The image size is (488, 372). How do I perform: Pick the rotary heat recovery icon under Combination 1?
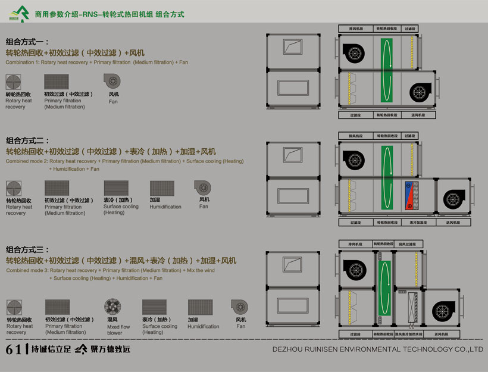click(x=14, y=82)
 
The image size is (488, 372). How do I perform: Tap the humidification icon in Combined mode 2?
click(x=162, y=188)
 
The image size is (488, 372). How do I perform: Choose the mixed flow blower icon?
click(x=113, y=307)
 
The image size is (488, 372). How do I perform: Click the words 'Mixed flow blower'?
click(x=118, y=330)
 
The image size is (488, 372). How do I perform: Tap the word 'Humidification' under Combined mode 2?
click(x=165, y=207)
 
